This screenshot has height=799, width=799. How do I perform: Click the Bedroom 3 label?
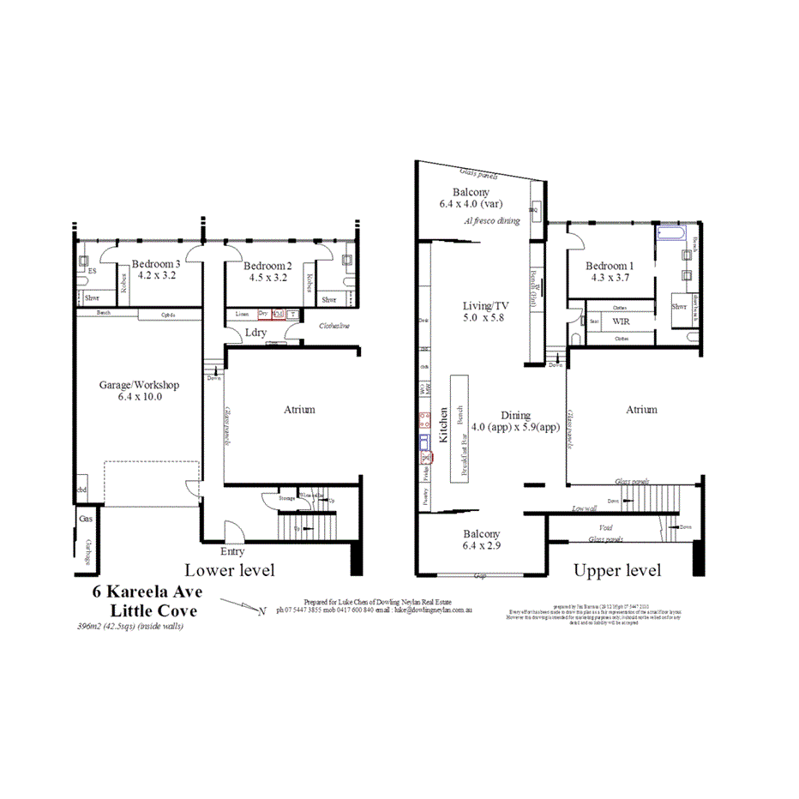155,265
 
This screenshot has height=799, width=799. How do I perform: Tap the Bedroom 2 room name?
267,265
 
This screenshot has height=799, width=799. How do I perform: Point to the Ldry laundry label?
255,333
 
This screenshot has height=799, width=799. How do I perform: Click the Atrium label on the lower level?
299,410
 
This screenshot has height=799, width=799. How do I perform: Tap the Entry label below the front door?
232,551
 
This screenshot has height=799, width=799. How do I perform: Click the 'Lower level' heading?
230,570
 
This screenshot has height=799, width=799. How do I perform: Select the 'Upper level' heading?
617,570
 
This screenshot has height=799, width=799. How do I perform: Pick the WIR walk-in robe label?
622,322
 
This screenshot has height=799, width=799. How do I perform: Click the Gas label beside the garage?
86,519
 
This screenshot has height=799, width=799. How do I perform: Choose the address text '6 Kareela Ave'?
144,592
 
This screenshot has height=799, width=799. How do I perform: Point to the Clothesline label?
333,326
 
